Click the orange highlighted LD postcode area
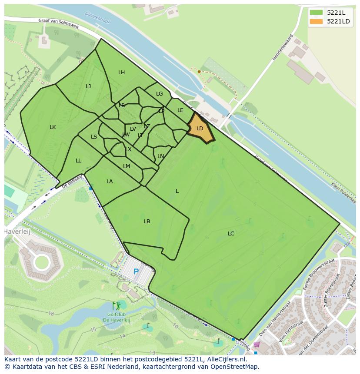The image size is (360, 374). tap(200, 129)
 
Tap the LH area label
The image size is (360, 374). tap(121, 73)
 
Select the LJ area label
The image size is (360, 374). tap(88, 86)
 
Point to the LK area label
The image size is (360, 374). tap(53, 127)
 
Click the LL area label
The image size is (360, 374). tap(78, 161)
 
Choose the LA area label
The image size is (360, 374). tap(110, 182)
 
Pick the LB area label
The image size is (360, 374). tap(147, 222)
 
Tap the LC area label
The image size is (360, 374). tap(231, 234)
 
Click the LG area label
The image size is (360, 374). tap(160, 94)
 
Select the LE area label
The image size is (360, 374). tap(180, 110)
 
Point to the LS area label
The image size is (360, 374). tap(94, 137)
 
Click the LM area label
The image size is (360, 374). tap(127, 166)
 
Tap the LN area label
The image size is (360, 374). tap(161, 156)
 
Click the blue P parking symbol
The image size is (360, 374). tap(136, 272)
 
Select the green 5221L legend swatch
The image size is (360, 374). tap(316, 13)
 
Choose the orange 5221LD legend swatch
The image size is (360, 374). tap(316, 21)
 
